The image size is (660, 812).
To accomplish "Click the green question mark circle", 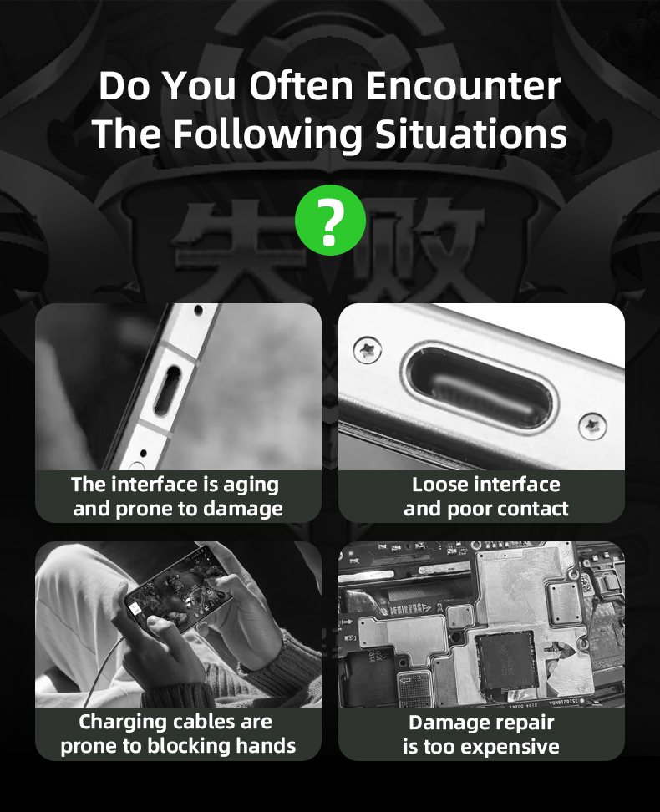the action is coord(330,220).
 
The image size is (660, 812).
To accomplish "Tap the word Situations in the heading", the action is coord(471,134).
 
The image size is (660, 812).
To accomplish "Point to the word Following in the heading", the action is coord(267,134).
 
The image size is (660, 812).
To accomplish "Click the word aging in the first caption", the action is coord(251,485).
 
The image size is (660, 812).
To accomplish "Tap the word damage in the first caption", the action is coord(242,510).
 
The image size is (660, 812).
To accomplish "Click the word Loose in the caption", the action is coord(437,485).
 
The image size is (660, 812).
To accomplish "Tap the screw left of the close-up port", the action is coord(368,350).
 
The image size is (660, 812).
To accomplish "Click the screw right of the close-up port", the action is coord(592,426).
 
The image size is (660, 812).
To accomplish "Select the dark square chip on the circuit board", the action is coord(505,662).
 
